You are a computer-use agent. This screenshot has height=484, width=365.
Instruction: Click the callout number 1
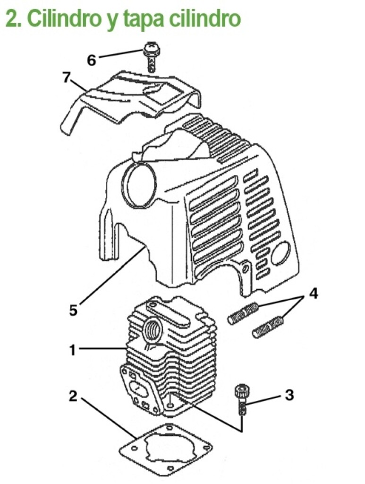click(73, 350)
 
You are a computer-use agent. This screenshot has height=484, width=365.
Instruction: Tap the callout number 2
click(73, 396)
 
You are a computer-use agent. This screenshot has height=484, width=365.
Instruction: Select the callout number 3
click(289, 395)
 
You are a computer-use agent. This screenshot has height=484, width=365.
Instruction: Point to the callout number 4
click(313, 293)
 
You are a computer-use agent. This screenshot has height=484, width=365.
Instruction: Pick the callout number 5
click(73, 310)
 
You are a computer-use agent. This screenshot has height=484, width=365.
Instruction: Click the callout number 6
click(92, 60)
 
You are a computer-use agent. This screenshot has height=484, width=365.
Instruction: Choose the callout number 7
click(67, 78)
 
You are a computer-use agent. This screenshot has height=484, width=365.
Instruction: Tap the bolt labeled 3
click(242, 399)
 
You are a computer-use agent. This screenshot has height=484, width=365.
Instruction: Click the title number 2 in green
click(12, 19)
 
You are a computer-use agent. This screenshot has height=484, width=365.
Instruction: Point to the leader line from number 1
click(103, 349)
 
